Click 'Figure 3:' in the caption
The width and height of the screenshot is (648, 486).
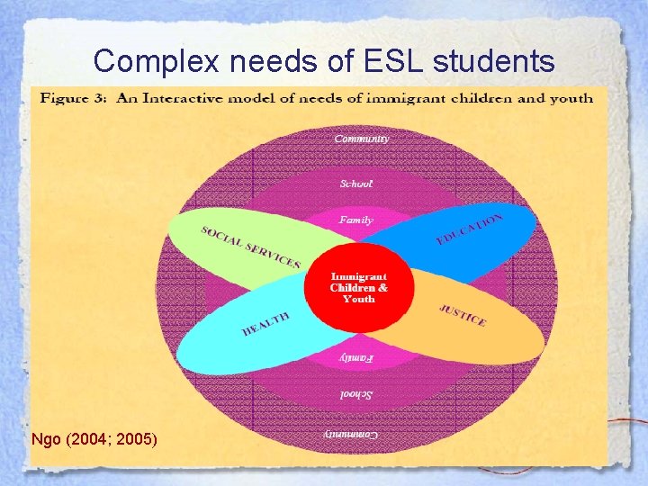(72, 98)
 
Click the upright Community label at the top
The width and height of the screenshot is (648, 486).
(362, 139)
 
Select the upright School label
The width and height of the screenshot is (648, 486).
(356, 184)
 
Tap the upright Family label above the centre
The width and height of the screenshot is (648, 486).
(356, 220)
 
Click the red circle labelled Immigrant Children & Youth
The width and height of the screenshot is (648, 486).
(359, 286)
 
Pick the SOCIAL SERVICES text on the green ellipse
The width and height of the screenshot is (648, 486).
(251, 246)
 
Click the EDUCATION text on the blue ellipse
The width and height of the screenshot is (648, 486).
(469, 229)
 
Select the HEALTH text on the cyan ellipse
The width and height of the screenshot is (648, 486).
(266, 324)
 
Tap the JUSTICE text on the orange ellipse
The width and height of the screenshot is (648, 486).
(463, 316)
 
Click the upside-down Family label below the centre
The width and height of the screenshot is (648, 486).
(356, 357)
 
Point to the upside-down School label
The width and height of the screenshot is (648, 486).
(357, 394)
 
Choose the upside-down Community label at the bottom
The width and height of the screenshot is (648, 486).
(352, 433)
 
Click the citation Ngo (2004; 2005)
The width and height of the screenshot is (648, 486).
(94, 439)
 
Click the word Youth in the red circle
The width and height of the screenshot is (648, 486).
(359, 299)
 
